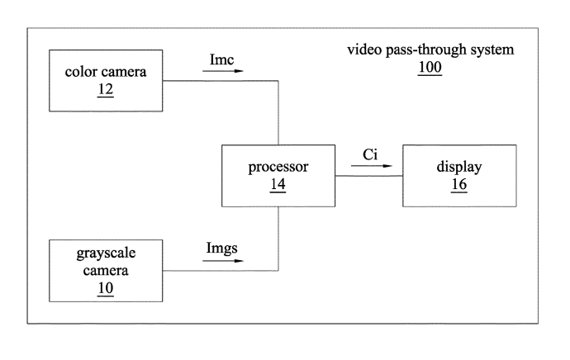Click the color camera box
[106, 79]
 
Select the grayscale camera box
[106, 270]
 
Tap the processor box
[278, 176]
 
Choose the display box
[459, 176]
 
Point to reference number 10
[105, 287]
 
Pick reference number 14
[278, 185]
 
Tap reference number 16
[459, 185]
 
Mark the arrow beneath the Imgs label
[223, 261]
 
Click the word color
[82, 71]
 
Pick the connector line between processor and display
[368, 176]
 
